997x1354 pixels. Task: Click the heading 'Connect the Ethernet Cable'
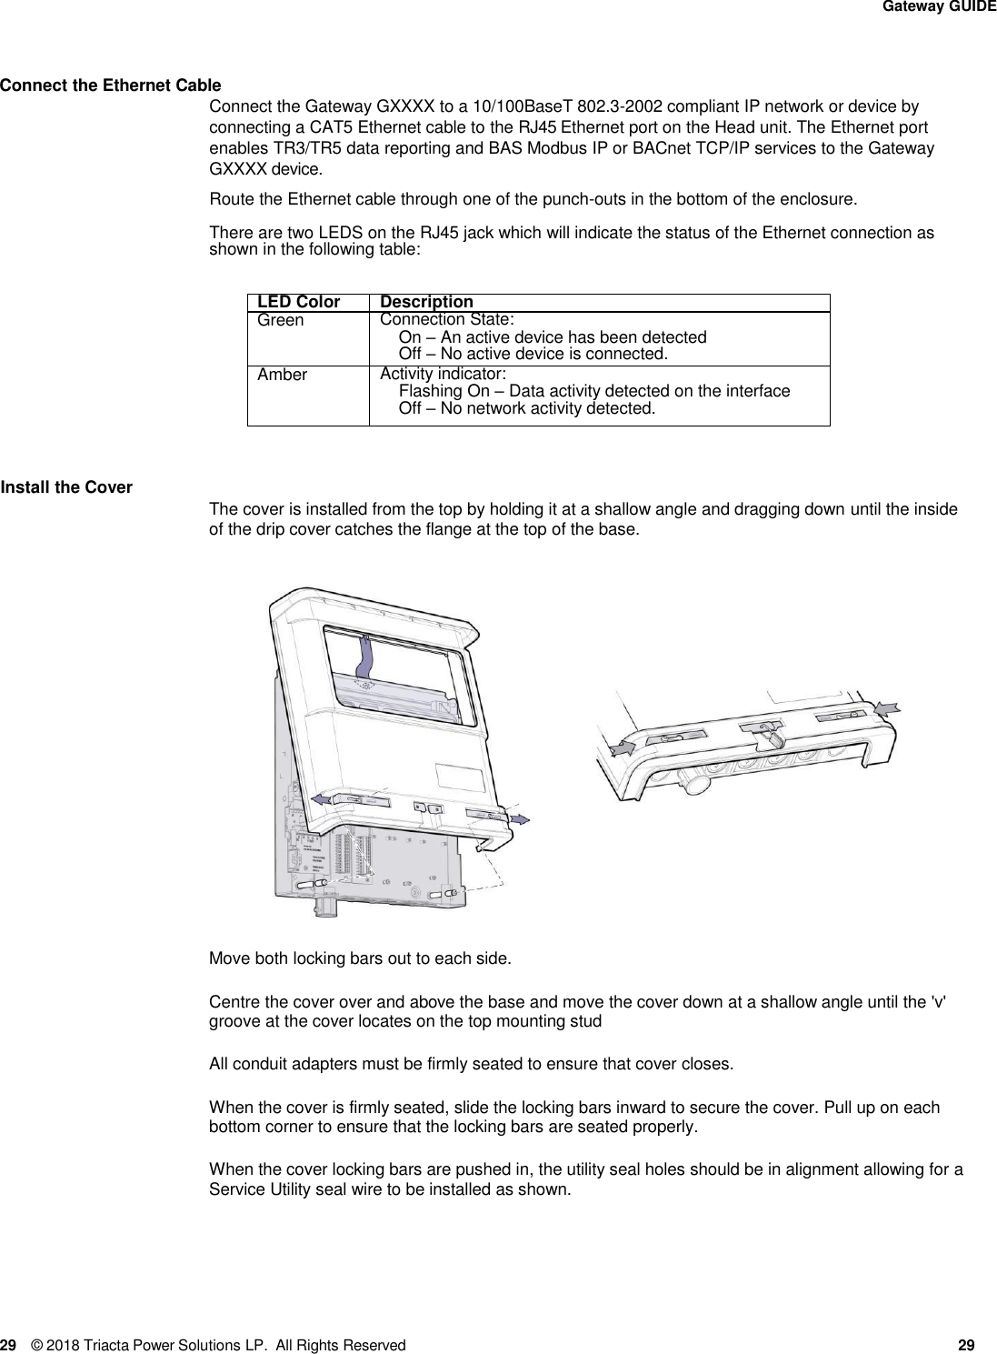point(110,86)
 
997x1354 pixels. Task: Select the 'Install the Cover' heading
point(66,487)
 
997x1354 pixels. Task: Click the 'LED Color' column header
point(298,302)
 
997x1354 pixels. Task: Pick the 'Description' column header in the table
point(426,302)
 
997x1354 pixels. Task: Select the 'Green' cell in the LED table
point(281,320)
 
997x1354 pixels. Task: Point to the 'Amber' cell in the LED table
point(282,375)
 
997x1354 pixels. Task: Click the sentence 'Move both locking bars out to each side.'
point(360,958)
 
